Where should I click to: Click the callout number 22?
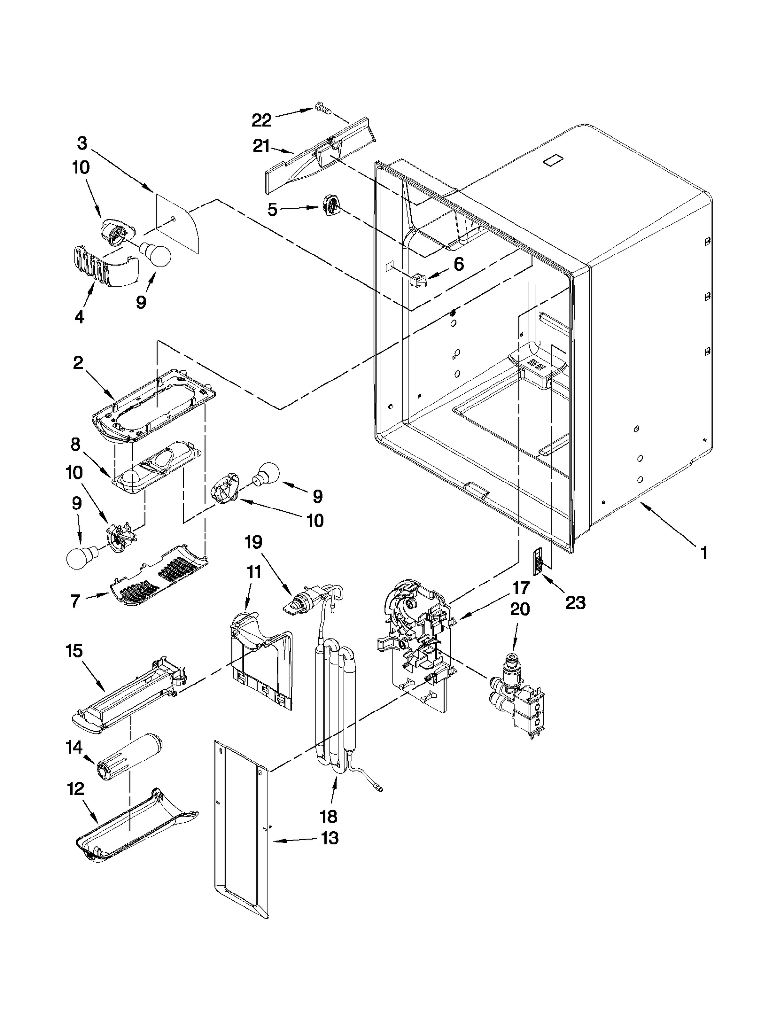pos(261,120)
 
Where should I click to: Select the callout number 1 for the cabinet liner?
pos(704,554)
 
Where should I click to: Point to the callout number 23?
pos(575,602)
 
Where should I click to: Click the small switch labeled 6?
pos(418,281)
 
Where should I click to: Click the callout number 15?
pos(74,651)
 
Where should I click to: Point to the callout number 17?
pos(521,587)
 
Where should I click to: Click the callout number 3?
pos(82,143)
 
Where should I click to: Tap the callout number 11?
pos(254,572)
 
